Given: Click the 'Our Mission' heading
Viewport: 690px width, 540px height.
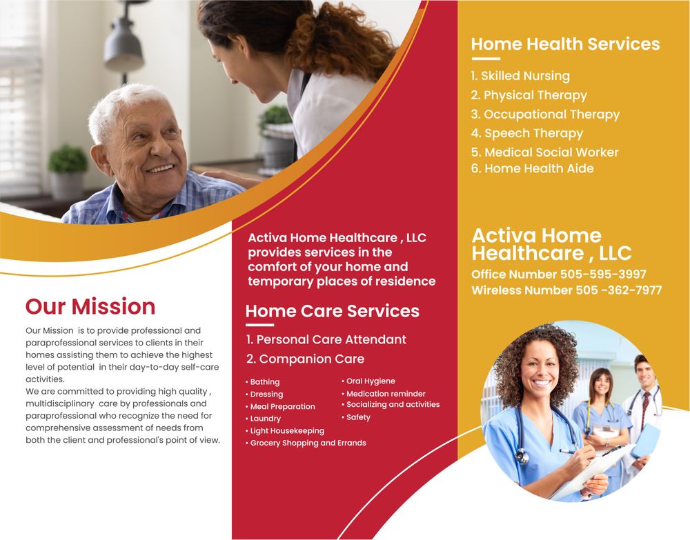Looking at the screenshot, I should pos(90,306).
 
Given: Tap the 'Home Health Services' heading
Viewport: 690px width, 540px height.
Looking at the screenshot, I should pos(565,44).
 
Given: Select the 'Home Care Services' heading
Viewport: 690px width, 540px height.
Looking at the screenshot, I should pos(332,311).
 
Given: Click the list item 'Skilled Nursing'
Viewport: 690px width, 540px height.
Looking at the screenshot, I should pos(520,76).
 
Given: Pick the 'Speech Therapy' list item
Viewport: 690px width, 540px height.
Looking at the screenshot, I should pos(527,133).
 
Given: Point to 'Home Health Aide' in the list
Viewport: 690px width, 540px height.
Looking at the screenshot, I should pos(532,168).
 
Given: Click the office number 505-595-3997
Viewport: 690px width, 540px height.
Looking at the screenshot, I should pos(603,274).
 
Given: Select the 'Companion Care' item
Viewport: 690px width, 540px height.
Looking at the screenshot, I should pos(306,359).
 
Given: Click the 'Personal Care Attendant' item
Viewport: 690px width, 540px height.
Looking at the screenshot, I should pos(326,339).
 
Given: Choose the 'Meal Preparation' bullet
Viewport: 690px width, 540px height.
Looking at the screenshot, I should pos(282,407).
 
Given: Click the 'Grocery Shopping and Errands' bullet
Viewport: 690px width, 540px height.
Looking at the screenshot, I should pos(308,443).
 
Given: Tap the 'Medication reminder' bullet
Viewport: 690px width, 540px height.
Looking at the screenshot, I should pos(386,394).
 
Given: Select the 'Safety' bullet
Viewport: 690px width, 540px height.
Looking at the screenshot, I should pos(358,417).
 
